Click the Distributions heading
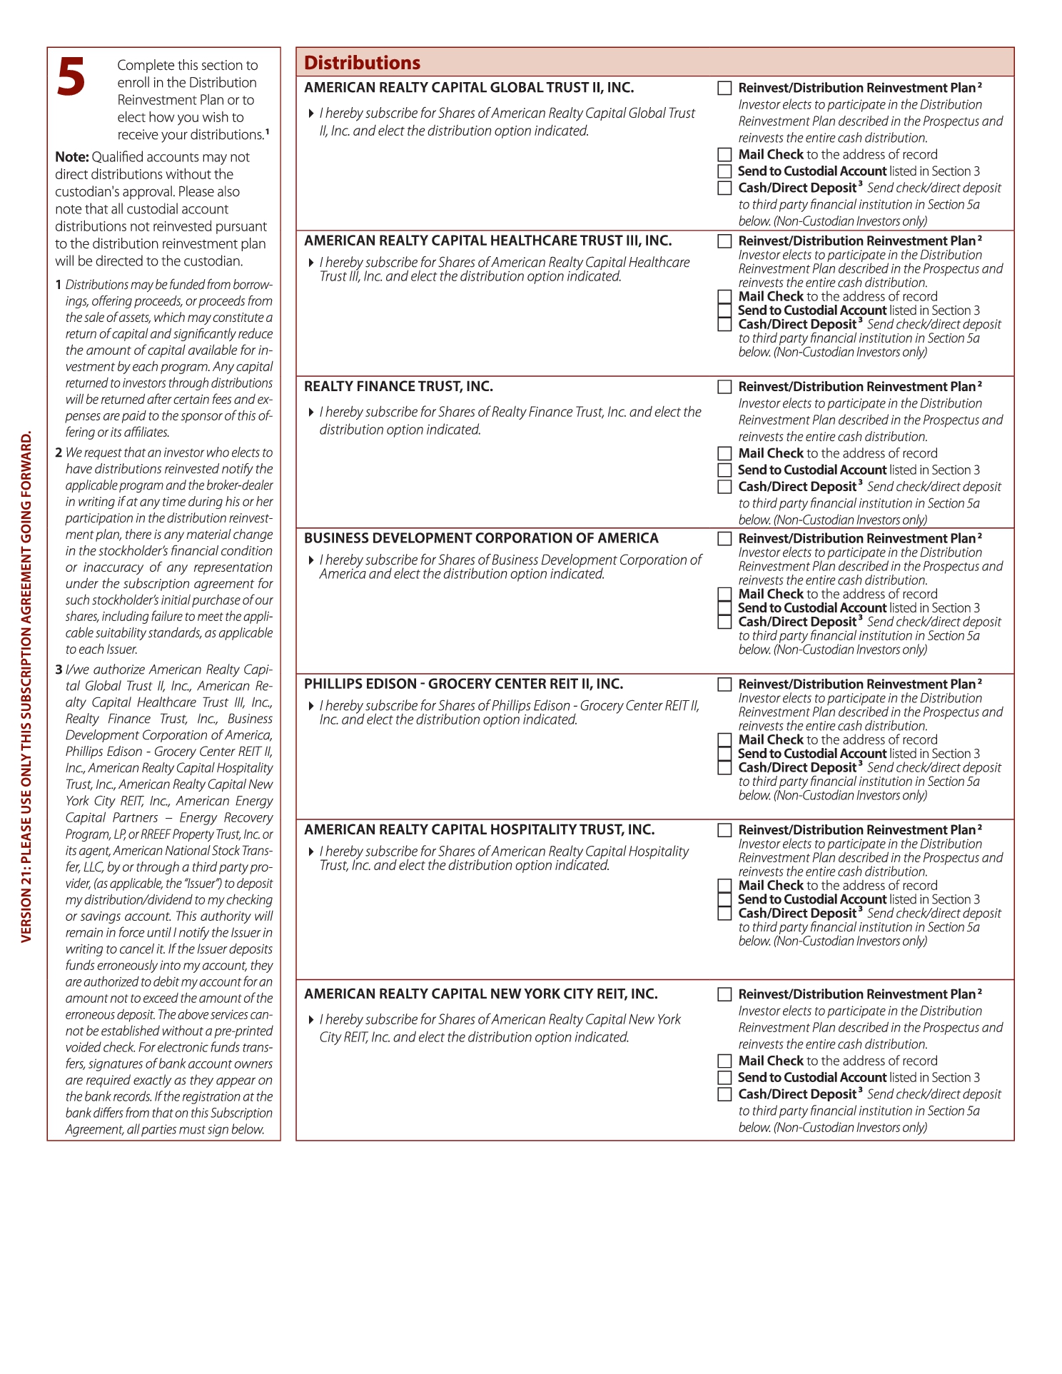click(x=362, y=63)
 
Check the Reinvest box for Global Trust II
click(x=724, y=88)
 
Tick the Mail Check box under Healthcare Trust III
click(x=724, y=296)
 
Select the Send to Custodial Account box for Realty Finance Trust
click(x=724, y=470)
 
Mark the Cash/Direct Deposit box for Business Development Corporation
click(x=724, y=622)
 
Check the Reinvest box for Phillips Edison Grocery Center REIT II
click(x=724, y=684)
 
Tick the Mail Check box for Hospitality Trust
click(x=724, y=885)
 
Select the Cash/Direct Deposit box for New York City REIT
click(x=724, y=1094)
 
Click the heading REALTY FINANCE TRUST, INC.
click(x=398, y=386)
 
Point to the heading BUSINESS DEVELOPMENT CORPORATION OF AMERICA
click(x=481, y=538)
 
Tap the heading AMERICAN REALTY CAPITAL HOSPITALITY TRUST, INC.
click(x=479, y=829)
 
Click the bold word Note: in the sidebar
click(x=72, y=157)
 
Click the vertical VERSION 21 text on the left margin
click(x=26, y=685)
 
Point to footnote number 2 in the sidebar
click(x=59, y=453)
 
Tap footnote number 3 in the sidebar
click(x=59, y=670)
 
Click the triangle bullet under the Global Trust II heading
click(x=311, y=113)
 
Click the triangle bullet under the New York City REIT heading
click(x=311, y=1020)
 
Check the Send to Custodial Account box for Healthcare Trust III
click(x=724, y=310)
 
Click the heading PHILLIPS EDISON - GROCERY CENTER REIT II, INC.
click(x=463, y=684)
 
